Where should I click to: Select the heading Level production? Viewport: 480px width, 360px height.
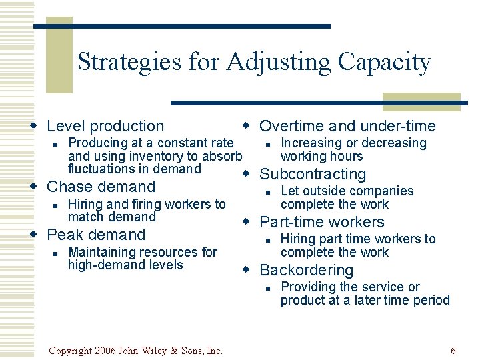pos(105,126)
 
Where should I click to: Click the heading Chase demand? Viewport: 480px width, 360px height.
pos(101,187)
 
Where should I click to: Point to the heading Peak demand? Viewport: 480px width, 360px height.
pos(96,235)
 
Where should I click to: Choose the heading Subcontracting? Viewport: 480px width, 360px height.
pos(313,175)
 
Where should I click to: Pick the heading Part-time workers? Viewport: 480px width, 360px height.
pos(321,223)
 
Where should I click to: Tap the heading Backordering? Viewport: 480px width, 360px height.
pos(306,271)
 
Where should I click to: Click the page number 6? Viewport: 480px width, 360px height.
pos(453,351)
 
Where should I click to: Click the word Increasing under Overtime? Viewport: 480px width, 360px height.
pos(311,143)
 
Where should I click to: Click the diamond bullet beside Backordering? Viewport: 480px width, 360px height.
pos(246,269)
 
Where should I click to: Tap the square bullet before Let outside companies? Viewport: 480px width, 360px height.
pos(266,192)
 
